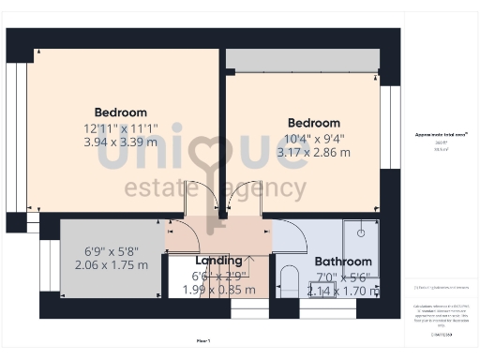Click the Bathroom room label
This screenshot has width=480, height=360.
click(343, 262)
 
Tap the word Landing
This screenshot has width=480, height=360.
click(218, 261)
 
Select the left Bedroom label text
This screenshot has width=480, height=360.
click(121, 112)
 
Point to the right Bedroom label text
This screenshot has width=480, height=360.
click(314, 123)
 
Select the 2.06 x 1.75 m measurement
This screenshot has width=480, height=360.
click(112, 265)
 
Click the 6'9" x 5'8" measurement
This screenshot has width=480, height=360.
click(112, 251)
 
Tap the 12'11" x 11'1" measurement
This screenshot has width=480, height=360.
click(121, 127)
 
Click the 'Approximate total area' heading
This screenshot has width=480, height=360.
click(441, 135)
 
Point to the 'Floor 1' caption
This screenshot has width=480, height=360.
click(203, 340)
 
